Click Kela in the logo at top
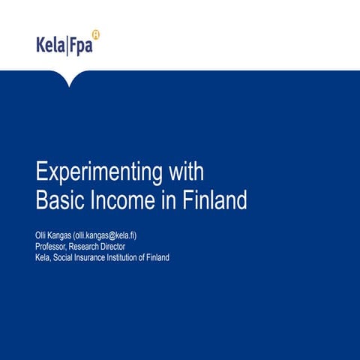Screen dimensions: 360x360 50,45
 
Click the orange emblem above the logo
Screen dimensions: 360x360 95,34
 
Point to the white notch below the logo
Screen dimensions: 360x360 70,78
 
